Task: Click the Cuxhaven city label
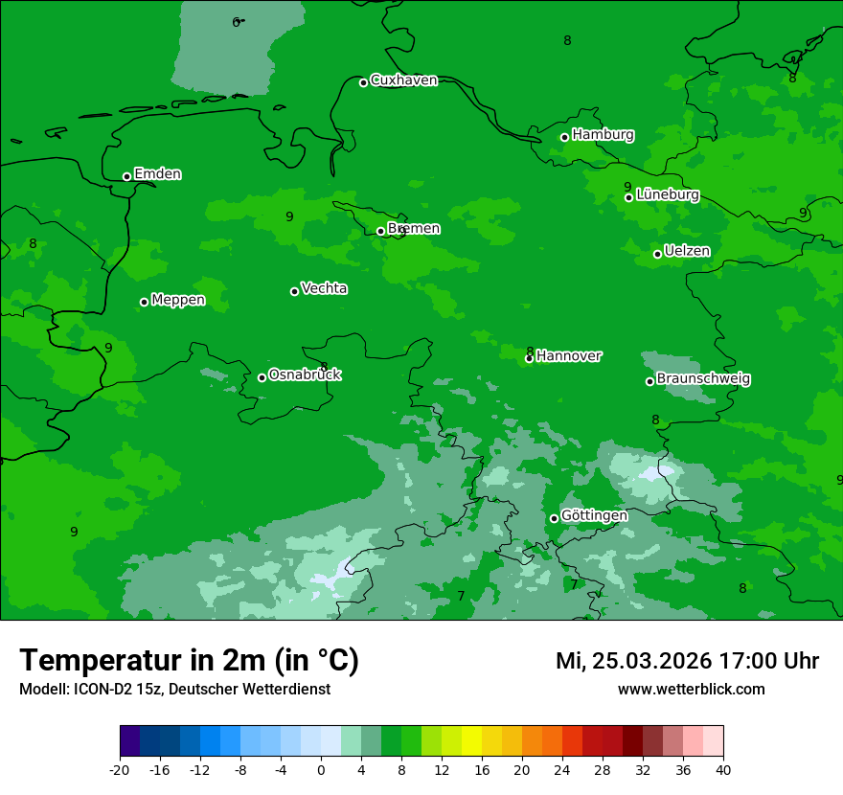tap(403, 80)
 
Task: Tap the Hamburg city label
tap(603, 135)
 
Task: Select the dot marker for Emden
tap(126, 176)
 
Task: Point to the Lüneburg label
tap(667, 194)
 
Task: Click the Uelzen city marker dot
tap(657, 254)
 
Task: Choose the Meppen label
tap(178, 300)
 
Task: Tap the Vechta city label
tap(324, 288)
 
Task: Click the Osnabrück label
tap(305, 375)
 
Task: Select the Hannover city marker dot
tap(529, 358)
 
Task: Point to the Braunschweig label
tap(703, 379)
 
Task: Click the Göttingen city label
tap(594, 515)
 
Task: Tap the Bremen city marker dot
tap(380, 231)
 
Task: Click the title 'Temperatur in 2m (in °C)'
tap(189, 660)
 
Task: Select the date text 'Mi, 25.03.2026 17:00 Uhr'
tap(687, 661)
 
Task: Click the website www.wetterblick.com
tap(691, 690)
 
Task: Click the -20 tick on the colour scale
tap(119, 770)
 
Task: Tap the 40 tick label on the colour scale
tap(723, 770)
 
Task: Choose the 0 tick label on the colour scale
tap(321, 770)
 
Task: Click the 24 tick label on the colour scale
tap(562, 770)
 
